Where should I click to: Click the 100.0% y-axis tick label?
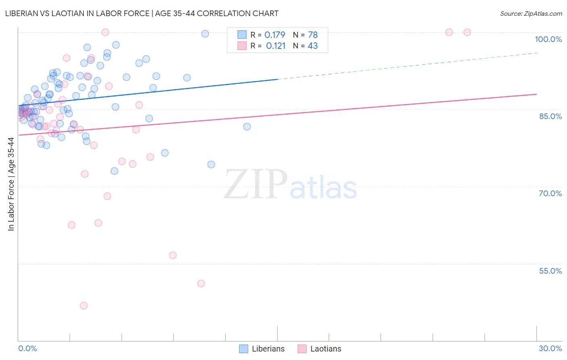pos(548,39)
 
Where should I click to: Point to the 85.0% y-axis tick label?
pos(550,116)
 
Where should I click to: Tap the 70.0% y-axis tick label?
pos(550,193)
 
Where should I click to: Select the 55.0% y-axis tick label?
pos(550,271)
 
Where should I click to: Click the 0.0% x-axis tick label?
pos(27,348)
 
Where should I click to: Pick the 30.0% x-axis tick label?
pos(550,348)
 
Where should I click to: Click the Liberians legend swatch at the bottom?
pos(244,349)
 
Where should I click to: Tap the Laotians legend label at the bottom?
pos(325,349)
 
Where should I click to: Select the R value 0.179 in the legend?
pos(275,35)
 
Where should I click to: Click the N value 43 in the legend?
pos(313,46)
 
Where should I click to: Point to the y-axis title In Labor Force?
pos(11,184)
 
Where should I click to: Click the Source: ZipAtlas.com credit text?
pos(531,14)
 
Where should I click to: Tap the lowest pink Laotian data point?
pos(83,306)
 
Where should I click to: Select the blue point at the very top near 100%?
pos(205,34)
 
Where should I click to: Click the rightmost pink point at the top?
pos(467,32)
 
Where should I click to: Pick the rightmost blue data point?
pos(247,127)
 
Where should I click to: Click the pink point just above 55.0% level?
pos(173,255)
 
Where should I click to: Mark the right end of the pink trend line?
pos(536,94)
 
